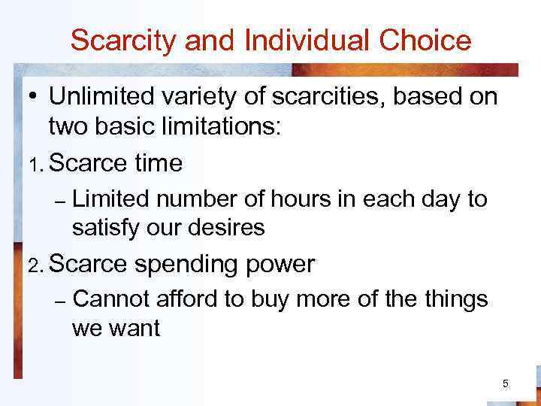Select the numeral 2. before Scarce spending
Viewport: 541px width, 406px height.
coord(36,265)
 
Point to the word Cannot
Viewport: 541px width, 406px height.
coord(110,299)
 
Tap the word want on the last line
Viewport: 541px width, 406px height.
coord(135,327)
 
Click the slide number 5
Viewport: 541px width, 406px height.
coord(505,384)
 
